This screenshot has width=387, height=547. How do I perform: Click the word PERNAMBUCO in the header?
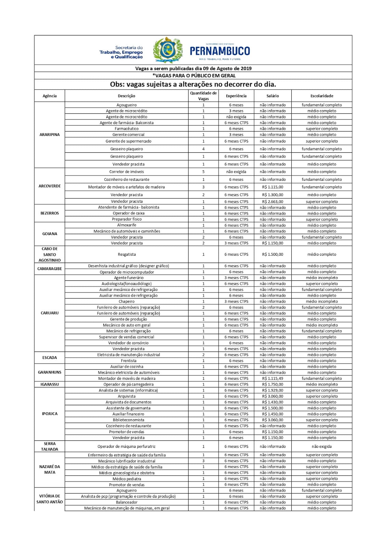coord(220,51)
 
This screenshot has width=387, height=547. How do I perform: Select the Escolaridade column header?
coord(322,96)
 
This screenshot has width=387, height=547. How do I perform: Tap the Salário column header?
coord(272,96)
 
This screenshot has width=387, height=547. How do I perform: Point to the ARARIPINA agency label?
coord(50,135)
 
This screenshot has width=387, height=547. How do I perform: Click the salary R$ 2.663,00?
coord(272,202)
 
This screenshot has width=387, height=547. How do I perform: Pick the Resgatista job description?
coord(127,254)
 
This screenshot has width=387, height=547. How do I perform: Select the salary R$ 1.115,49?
coord(272,378)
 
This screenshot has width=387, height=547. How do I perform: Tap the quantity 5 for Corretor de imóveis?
coord(203,172)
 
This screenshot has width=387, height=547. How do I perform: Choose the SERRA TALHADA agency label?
coord(50,446)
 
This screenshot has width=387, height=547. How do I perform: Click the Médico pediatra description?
coord(127,479)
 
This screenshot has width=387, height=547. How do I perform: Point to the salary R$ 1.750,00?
coord(272,384)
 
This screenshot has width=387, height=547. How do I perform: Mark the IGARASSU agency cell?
coord(50,384)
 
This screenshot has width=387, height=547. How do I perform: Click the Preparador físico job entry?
coord(127,219)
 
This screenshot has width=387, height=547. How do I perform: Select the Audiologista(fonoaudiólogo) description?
coord(126,284)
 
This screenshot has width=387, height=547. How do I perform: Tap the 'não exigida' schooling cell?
coord(322,446)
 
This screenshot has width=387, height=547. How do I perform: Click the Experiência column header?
coord(236,96)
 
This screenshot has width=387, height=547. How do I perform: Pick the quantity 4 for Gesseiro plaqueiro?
coord(203,149)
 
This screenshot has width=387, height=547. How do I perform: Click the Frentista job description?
coord(129,361)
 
